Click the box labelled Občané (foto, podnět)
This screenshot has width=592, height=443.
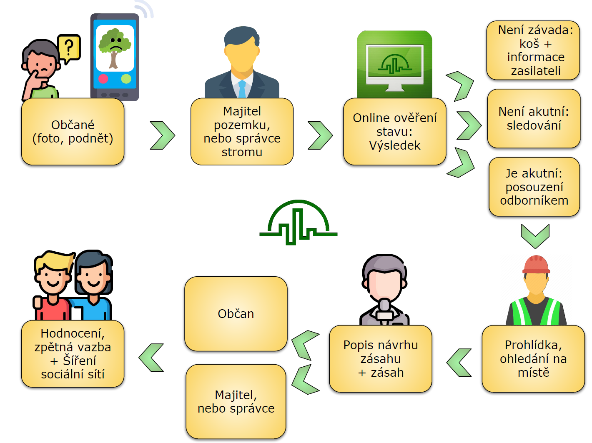[x=73, y=132]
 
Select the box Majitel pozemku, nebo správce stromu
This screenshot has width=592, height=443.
[x=242, y=132]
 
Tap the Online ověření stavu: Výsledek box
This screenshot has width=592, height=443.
[x=394, y=132]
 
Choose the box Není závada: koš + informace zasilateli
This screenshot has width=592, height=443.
[x=533, y=50]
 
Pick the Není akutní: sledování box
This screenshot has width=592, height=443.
[x=534, y=119]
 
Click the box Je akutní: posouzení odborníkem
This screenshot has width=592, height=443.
[x=534, y=187]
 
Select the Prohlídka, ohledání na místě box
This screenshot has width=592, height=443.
[x=533, y=359]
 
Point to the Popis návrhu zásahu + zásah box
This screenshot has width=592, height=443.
[x=381, y=359]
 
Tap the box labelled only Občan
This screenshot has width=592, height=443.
[x=236, y=314]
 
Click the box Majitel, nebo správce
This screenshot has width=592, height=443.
[x=236, y=401]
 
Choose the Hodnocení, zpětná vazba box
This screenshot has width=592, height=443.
[x=73, y=354]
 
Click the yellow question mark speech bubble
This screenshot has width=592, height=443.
[x=69, y=48]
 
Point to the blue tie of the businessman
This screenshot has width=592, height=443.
[x=242, y=89]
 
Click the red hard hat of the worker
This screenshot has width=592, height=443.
[x=536, y=265]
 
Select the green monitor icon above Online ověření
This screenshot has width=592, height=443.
[x=394, y=65]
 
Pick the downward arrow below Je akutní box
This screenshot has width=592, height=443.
[x=535, y=236]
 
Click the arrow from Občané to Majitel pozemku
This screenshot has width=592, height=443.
[x=162, y=135]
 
